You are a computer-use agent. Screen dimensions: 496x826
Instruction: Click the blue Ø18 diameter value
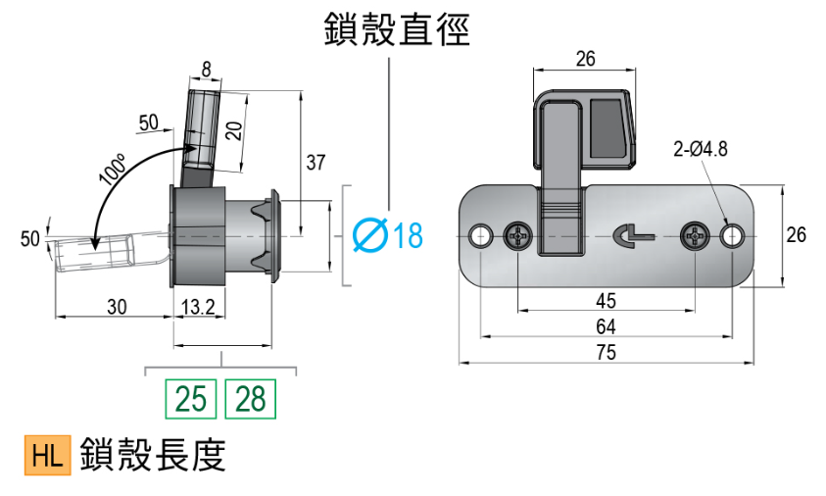(x=386, y=235)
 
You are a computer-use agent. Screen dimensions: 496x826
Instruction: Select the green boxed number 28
(x=251, y=399)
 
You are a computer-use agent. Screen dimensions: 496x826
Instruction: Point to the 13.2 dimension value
(x=198, y=307)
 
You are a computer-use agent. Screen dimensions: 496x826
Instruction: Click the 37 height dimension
(x=315, y=163)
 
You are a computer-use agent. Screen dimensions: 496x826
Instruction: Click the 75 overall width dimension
(x=607, y=353)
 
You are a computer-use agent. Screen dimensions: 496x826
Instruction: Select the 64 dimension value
(x=607, y=325)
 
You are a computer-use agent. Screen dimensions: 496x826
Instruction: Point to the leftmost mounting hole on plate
(x=481, y=236)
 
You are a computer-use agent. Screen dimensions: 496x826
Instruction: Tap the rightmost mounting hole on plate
(x=732, y=236)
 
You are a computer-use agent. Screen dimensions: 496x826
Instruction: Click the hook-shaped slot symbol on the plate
(x=628, y=235)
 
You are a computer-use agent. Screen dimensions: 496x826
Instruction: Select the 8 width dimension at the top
(x=206, y=69)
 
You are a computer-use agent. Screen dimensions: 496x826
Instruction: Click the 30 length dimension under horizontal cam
(x=117, y=307)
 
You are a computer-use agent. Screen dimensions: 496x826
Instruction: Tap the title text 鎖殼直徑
(x=397, y=30)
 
